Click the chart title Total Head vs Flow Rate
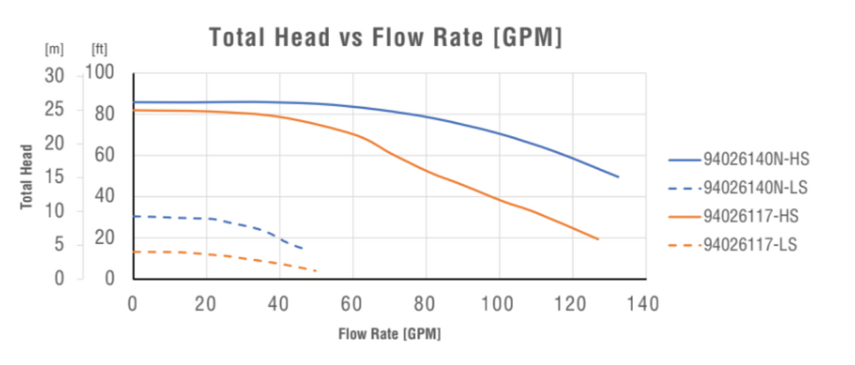tap(386, 38)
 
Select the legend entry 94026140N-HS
tap(756, 160)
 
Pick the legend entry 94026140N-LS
tap(755, 188)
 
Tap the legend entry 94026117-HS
tap(751, 216)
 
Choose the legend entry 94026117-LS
tap(750, 245)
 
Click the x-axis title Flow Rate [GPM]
tap(389, 334)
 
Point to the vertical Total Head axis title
tap(27, 177)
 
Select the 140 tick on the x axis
tap(645, 304)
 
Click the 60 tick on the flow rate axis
tap(352, 304)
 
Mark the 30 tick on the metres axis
tap(54, 76)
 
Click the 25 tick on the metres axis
tap(54, 110)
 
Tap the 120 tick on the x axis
tap(572, 304)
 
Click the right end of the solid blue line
tap(618, 177)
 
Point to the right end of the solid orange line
tap(598, 240)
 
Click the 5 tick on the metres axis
tap(60, 245)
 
